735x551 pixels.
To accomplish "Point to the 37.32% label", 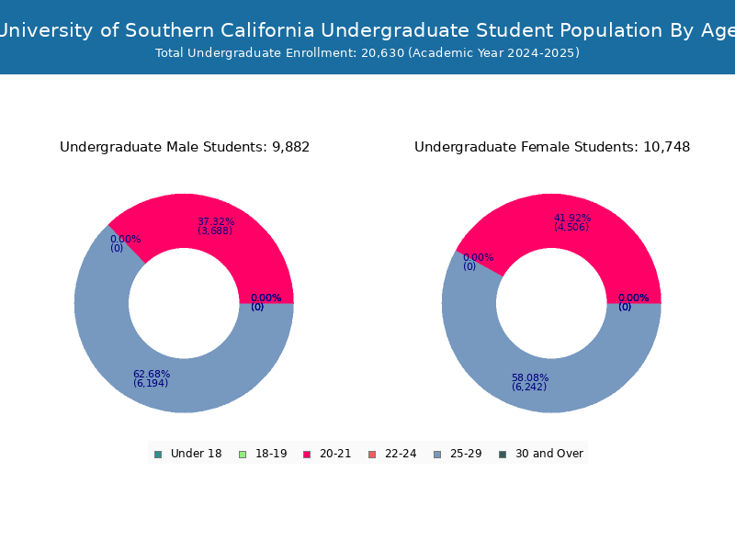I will point(216,221).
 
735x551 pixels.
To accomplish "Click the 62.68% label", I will point(152,374).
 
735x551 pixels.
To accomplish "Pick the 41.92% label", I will point(572,219).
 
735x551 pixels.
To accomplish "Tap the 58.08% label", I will point(530,377).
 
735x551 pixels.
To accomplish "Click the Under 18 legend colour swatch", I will point(158,454).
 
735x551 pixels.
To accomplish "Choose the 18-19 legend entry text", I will point(271,454).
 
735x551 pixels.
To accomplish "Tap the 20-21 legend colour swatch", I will point(307,454).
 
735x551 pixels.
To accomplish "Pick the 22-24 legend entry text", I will point(401,454).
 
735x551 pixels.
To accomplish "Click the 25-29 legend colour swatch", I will point(436,454).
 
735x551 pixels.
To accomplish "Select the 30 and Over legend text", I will point(549,454).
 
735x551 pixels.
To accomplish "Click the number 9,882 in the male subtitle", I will point(291,147).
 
